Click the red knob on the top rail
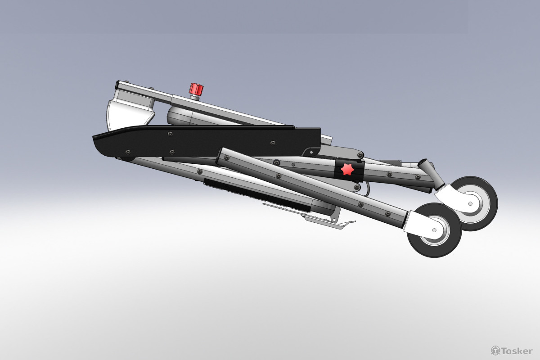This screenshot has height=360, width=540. pyautogui.click(x=196, y=89)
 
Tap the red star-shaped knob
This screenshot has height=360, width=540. pyautogui.click(x=347, y=169)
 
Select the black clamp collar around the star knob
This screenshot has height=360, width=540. pyautogui.click(x=349, y=170)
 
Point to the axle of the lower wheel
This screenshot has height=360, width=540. pyautogui.click(x=434, y=230)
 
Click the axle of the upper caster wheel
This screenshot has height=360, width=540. pyautogui.click(x=470, y=204)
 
